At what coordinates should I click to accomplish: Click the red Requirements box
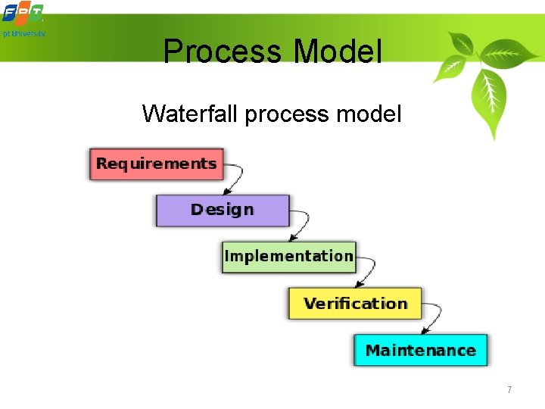point(157,164)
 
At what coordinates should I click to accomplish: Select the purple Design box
point(223,210)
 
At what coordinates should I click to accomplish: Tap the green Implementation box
point(288,257)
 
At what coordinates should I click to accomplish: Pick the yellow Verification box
point(355,304)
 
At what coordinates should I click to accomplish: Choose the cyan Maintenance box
point(421,351)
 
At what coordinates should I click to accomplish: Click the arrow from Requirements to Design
point(237,179)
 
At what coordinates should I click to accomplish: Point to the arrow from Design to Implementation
point(303,225)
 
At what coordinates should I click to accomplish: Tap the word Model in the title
point(338,52)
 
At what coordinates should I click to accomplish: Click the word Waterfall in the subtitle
point(189,114)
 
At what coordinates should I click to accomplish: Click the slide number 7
point(509,390)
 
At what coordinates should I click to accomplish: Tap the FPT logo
point(22,13)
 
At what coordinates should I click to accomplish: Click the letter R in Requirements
point(102,164)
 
